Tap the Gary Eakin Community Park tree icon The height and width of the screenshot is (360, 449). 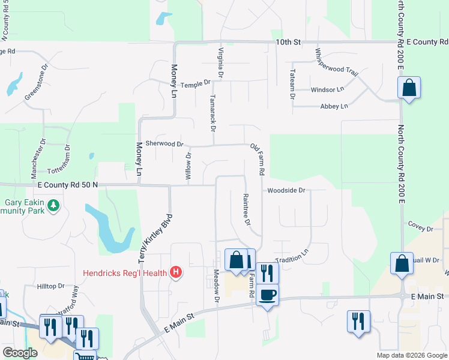(x=54, y=206)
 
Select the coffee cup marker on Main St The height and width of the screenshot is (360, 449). (x=268, y=295)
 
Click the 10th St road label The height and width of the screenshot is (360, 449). (x=288, y=42)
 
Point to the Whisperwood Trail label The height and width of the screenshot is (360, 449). (x=335, y=62)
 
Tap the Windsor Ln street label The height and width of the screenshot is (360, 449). (x=327, y=89)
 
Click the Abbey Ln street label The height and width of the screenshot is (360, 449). (x=335, y=106)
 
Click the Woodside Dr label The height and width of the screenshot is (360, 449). (x=287, y=191)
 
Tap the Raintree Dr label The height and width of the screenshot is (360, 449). (x=246, y=209)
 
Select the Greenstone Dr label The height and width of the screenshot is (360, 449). (x=35, y=88)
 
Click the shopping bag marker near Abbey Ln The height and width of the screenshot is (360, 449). (x=409, y=88)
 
